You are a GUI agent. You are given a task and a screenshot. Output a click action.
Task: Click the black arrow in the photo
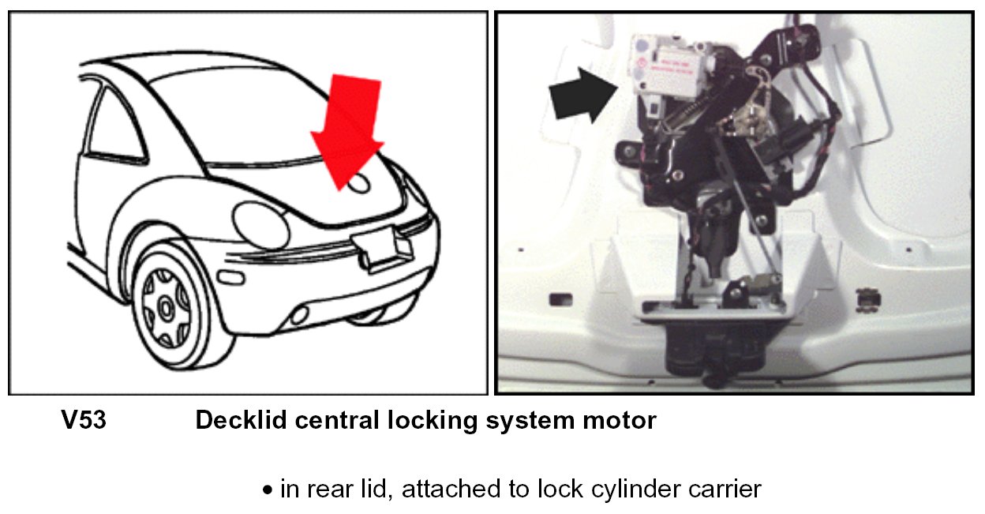click(x=582, y=95)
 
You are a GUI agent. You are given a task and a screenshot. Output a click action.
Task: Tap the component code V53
click(x=84, y=421)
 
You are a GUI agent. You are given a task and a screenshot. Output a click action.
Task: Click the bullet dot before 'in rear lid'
click(x=268, y=490)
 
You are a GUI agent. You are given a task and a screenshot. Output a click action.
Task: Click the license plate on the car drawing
click(x=381, y=251)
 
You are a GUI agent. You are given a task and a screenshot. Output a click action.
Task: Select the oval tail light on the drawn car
click(x=260, y=224)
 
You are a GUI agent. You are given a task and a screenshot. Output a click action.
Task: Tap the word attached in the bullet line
click(x=434, y=490)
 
